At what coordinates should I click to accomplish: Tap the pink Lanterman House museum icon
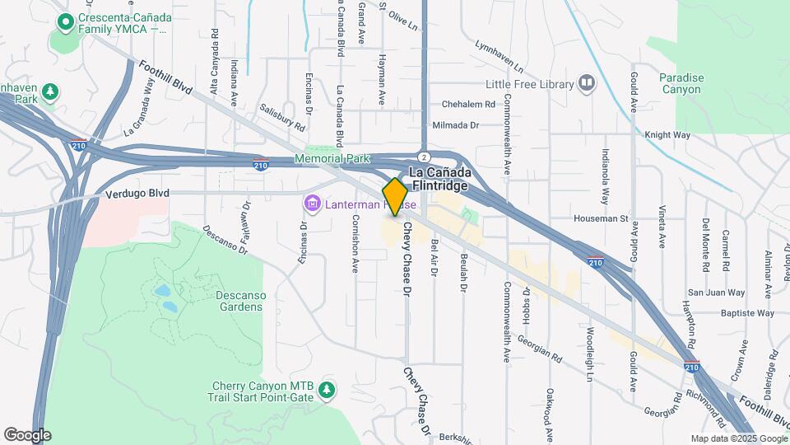(x=311, y=203)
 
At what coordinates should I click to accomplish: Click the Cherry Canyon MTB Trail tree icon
(x=328, y=388)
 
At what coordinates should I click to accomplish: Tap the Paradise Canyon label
(x=681, y=83)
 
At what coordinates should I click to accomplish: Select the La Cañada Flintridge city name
(x=439, y=179)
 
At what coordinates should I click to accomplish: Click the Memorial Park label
(x=332, y=158)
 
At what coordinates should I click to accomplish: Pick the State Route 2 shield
(x=422, y=157)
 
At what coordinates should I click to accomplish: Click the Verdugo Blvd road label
(x=137, y=194)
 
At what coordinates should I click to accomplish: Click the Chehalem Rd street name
(x=467, y=105)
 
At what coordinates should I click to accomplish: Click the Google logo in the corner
(x=27, y=434)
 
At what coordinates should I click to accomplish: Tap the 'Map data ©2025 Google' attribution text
(x=738, y=438)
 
